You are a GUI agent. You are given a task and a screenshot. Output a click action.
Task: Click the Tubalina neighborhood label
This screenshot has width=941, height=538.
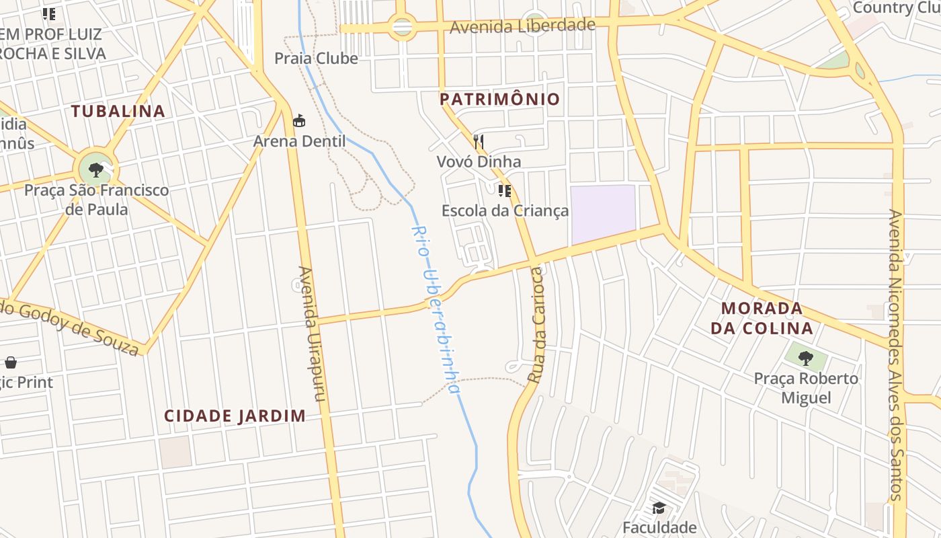click(x=118, y=111)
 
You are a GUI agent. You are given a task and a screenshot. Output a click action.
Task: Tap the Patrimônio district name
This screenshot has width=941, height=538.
click(x=499, y=100)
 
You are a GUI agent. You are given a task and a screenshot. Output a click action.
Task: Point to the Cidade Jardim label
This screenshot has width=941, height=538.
click(x=235, y=416)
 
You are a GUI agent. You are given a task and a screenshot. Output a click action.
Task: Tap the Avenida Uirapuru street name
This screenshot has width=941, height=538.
click(x=311, y=334)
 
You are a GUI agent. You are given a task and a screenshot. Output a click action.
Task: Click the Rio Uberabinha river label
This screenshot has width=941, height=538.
click(x=436, y=309)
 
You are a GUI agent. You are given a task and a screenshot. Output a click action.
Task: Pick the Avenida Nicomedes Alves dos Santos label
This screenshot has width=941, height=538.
click(x=895, y=354)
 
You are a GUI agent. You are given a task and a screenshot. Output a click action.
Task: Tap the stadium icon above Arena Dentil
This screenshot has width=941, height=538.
click(x=299, y=121)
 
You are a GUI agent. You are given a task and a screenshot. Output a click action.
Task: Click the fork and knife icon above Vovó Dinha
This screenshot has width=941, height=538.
click(x=479, y=141)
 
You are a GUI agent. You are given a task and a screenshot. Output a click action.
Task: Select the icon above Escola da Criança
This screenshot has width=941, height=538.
click(x=505, y=191)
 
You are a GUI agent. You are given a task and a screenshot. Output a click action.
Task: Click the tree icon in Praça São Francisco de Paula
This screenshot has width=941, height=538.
click(x=95, y=169)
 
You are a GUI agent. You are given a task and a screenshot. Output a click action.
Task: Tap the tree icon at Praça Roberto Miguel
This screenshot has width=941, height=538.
click(x=805, y=358)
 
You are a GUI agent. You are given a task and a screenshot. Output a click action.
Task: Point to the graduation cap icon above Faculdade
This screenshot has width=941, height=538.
click(x=659, y=508)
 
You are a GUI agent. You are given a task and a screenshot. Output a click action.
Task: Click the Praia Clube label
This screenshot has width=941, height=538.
click(x=316, y=59)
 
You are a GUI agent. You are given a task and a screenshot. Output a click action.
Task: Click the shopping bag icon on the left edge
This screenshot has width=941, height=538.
click(x=11, y=363)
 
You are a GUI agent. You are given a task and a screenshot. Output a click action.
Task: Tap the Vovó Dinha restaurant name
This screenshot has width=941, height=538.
click(x=479, y=161)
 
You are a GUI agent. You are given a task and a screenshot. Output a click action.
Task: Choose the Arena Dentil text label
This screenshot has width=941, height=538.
click(x=299, y=141)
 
